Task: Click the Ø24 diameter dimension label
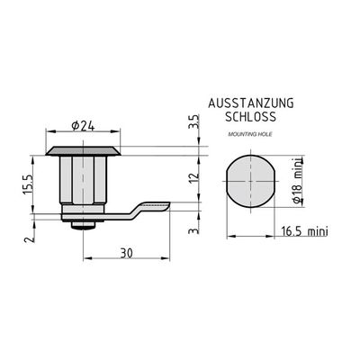[x=83, y=126]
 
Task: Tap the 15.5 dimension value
[x=28, y=184]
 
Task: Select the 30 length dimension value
[x=126, y=254]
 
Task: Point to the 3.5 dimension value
[x=194, y=121]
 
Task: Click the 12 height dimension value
[x=195, y=178]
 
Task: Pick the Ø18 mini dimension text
[x=297, y=180]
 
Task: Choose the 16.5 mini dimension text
[x=304, y=231]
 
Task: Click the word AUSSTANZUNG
[x=251, y=103]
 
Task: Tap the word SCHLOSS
[x=250, y=117]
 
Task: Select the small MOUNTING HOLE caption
[x=250, y=134]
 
